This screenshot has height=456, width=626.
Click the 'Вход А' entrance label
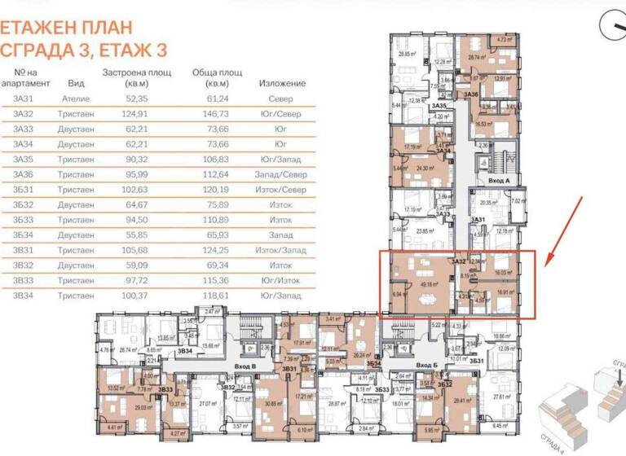[x=499, y=179]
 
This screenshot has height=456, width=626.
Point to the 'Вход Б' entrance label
[x=425, y=366]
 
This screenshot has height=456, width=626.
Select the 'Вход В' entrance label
[x=245, y=366]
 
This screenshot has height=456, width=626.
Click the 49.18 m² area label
[x=429, y=284]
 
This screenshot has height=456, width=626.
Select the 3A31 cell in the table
[x=24, y=99]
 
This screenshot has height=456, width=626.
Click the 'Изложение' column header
[x=282, y=83]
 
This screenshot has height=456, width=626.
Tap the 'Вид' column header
[x=75, y=83]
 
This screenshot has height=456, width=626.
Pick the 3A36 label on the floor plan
[x=470, y=95]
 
